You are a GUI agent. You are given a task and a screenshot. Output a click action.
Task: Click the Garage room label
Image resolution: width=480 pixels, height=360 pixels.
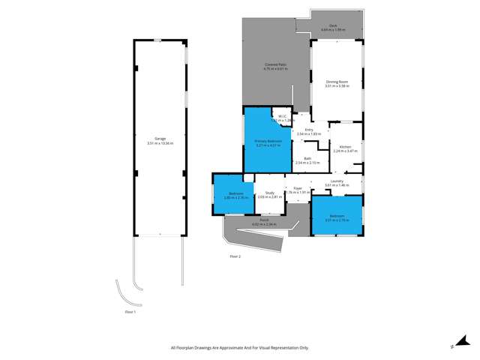[x=160, y=139]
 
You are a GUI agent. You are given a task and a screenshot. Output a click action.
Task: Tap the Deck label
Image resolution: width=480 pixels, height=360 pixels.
[x=332, y=25]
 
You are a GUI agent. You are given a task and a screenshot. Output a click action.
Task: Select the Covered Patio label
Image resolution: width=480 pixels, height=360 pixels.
[x=275, y=65]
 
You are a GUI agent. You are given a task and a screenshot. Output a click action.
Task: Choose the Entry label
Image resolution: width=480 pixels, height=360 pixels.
[x=308, y=130]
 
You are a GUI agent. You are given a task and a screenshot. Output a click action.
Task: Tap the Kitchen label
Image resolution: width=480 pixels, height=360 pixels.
[x=345, y=146]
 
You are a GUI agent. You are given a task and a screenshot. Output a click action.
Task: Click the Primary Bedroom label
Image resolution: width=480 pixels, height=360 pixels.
[x=268, y=140]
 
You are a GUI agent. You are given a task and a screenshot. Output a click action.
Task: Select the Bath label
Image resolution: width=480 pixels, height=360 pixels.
[x=307, y=158]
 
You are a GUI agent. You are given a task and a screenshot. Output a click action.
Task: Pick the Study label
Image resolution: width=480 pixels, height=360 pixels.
[x=269, y=193]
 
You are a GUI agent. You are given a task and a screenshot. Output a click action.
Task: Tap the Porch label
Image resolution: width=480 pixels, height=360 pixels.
[x=253, y=220]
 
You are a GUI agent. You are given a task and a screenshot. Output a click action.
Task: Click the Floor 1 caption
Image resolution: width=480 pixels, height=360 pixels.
[x=130, y=310]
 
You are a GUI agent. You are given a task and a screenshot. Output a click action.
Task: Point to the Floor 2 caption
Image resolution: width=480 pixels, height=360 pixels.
[x=235, y=256]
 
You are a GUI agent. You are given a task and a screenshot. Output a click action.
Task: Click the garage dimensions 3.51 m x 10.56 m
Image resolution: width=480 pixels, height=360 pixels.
[x=160, y=142]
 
